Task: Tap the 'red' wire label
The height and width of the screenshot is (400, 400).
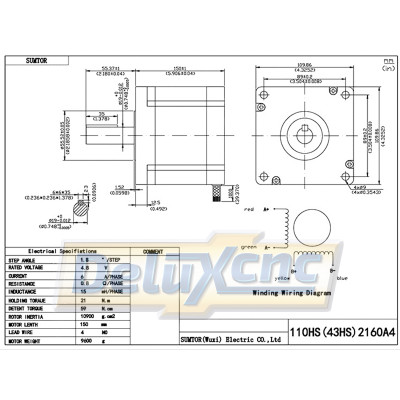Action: (x=250, y=212)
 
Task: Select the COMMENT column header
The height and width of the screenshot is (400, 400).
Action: (x=154, y=252)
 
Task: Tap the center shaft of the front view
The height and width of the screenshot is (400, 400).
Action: (x=306, y=135)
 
